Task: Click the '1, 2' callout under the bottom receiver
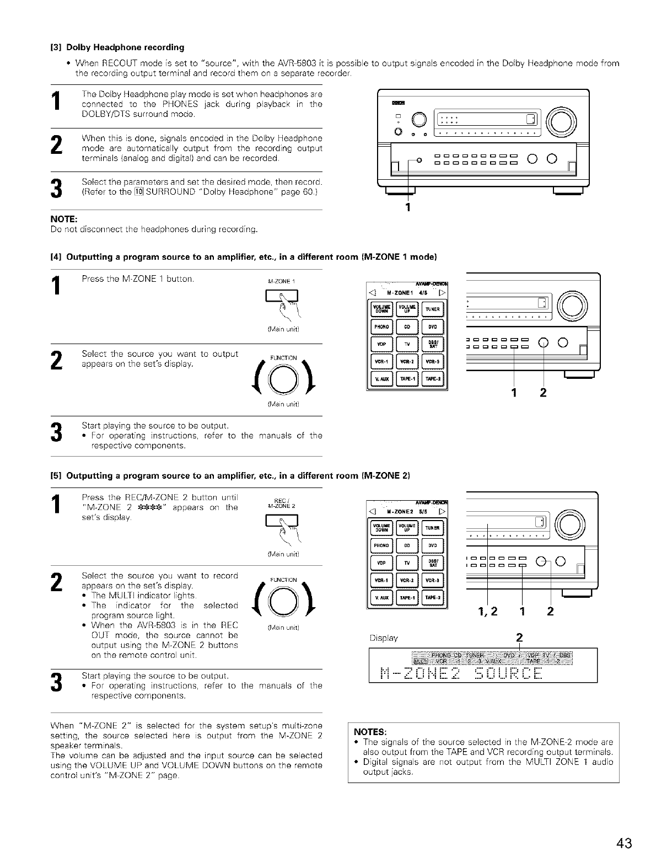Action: pyautogui.click(x=487, y=611)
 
